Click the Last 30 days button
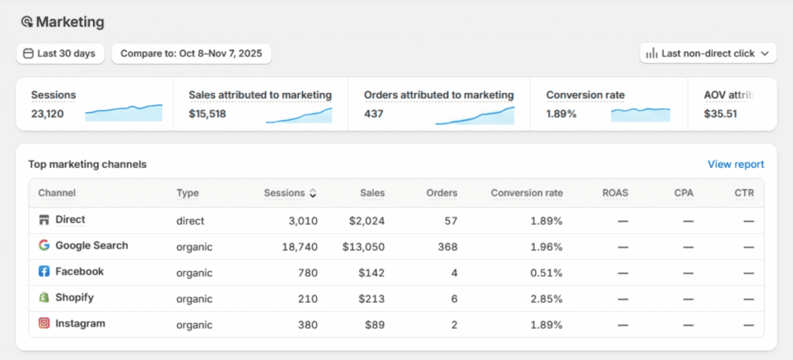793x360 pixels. click(60, 53)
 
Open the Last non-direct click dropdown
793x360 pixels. click(708, 53)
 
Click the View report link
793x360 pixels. click(736, 164)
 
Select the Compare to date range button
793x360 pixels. click(191, 53)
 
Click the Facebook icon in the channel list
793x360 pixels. click(44, 272)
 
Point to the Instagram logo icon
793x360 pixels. click(44, 324)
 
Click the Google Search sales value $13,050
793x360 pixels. click(363, 246)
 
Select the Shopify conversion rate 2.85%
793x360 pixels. click(546, 298)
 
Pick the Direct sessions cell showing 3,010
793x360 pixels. click(303, 221)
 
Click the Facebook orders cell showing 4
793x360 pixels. click(454, 272)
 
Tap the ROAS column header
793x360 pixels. click(616, 193)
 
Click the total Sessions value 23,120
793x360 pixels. click(47, 114)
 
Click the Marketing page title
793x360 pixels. click(70, 22)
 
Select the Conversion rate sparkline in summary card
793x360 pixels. click(640, 114)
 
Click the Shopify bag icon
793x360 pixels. click(44, 297)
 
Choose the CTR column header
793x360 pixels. click(744, 193)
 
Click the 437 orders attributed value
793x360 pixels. click(374, 114)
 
